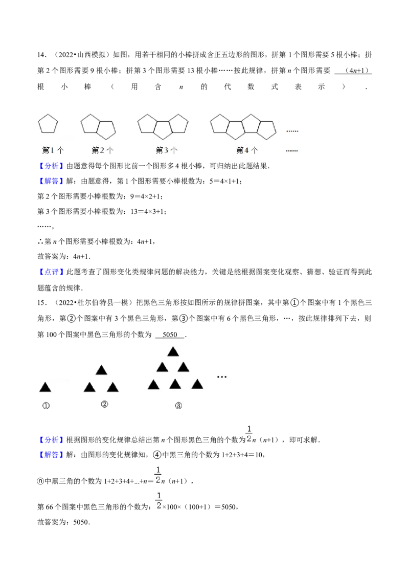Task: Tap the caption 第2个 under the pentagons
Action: click(x=103, y=150)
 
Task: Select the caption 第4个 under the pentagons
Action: click(x=247, y=150)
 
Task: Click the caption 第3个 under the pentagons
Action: click(x=167, y=150)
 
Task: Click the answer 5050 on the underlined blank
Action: click(x=170, y=335)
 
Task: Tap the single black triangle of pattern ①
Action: click(x=45, y=387)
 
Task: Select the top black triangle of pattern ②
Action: click(x=102, y=370)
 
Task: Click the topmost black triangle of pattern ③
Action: click(x=173, y=351)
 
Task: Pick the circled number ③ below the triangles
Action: click(x=178, y=406)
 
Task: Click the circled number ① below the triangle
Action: click(x=46, y=406)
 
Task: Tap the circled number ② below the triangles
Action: click(x=104, y=405)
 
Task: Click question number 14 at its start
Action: click(x=42, y=55)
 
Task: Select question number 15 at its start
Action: click(x=42, y=303)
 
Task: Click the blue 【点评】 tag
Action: click(x=51, y=272)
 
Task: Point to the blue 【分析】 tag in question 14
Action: click(x=51, y=166)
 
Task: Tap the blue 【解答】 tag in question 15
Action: click(x=51, y=455)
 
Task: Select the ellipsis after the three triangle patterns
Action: click(x=221, y=376)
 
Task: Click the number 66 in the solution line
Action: click(x=49, y=507)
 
